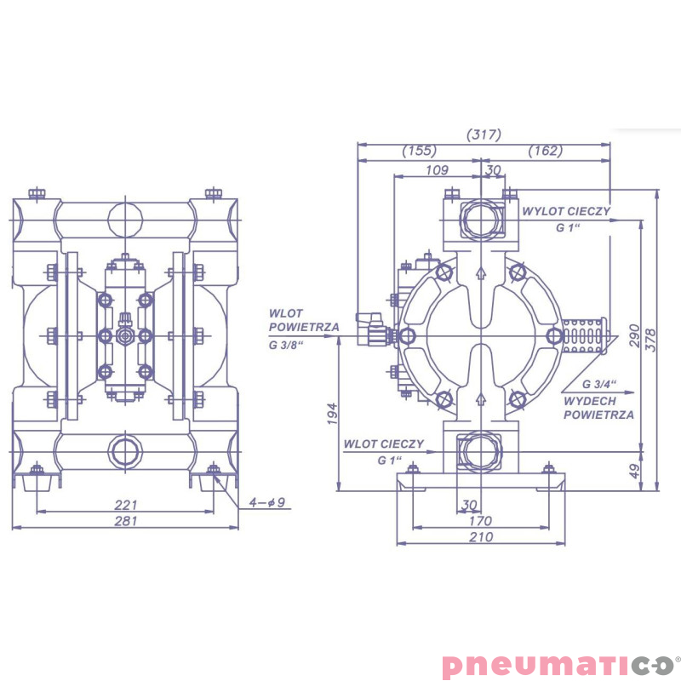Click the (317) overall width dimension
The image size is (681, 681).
pos(484,134)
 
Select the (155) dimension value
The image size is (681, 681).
pos(419,151)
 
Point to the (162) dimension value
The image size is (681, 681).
pos(546,151)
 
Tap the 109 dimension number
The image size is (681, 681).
pos(437,169)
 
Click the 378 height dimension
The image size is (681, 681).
pos(650,340)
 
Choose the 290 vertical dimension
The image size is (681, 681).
pos(634,335)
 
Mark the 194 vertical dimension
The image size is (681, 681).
pos(332,414)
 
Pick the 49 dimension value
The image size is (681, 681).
pos(634,472)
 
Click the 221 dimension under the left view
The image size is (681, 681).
pos(126,505)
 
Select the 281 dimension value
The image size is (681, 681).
pos(126,520)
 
